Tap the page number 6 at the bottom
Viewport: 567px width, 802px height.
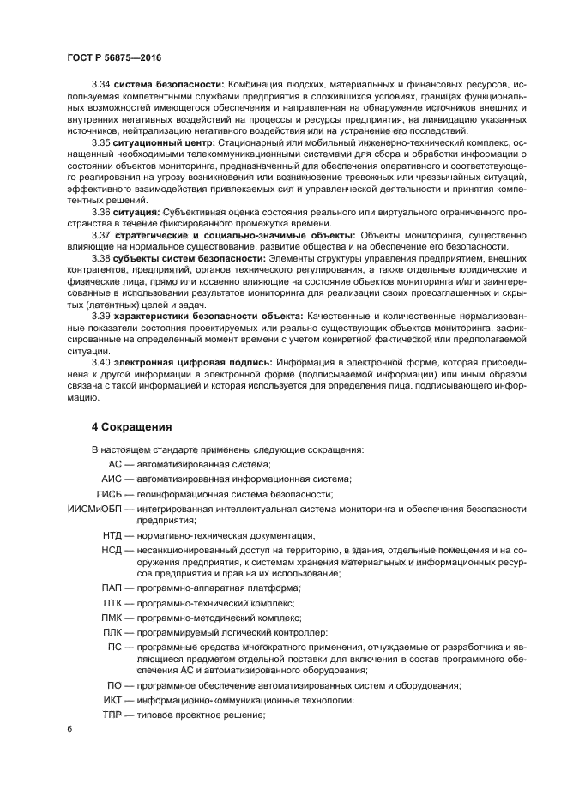click(69, 729)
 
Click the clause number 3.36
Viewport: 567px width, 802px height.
click(102, 211)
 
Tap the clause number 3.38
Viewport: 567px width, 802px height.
click(102, 257)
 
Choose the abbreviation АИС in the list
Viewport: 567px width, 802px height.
click(112, 479)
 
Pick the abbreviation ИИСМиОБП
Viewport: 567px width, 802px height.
click(94, 510)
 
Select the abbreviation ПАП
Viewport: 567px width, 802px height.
click(112, 588)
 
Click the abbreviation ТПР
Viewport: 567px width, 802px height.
click(112, 715)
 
